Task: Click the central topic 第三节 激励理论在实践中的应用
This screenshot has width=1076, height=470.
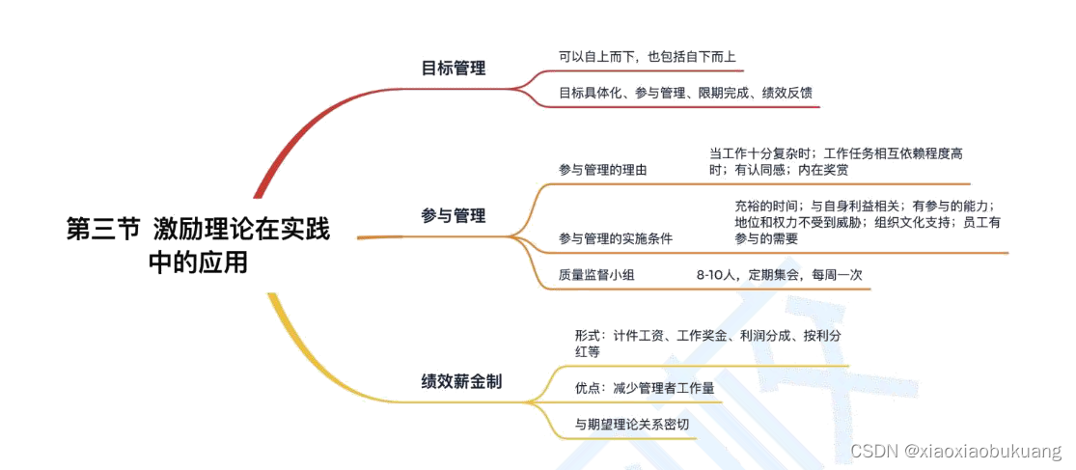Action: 198,245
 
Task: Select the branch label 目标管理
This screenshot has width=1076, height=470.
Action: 454,68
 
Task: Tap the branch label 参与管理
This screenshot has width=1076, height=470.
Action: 454,215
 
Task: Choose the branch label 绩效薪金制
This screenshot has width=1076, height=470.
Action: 461,381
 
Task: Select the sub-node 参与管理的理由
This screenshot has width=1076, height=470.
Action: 602,170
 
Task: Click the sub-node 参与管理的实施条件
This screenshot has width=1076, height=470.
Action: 615,238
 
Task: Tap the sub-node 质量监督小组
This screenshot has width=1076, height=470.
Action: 596,274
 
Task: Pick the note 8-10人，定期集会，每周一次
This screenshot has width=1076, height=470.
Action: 779,274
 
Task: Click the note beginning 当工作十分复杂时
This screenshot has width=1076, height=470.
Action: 836,161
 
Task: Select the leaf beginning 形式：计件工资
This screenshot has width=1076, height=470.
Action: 708,344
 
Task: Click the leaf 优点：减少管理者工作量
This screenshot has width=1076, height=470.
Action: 644,389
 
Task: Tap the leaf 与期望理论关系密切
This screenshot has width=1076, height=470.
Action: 631,424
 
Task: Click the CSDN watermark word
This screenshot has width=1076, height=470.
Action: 872,451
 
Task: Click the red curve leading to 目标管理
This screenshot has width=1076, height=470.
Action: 290,145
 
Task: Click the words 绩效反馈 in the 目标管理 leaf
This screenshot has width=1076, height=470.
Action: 786,93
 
